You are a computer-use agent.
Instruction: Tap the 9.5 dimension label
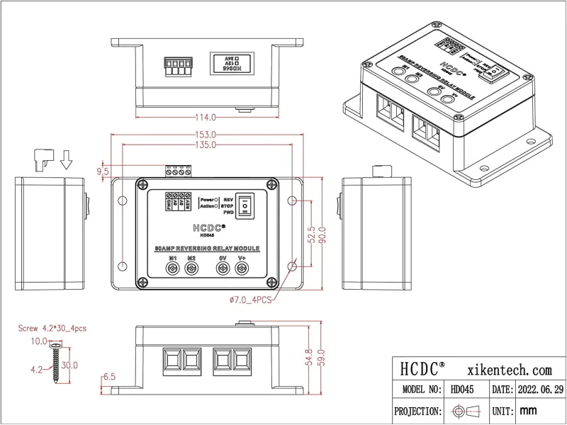(102, 171)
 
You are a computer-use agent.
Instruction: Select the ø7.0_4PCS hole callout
(248, 300)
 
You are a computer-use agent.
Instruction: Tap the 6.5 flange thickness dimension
(109, 378)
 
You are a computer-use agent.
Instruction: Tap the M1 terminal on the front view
(172, 269)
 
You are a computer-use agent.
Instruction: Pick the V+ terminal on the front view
(242, 269)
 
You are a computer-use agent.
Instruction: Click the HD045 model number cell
(467, 390)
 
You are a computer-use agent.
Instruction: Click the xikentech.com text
(510, 369)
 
